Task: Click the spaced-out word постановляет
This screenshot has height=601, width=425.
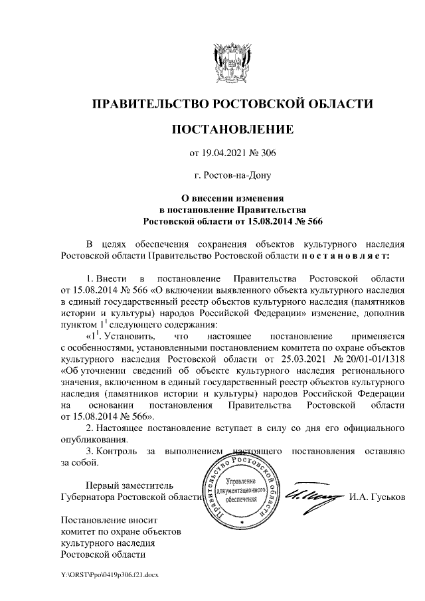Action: point(340,254)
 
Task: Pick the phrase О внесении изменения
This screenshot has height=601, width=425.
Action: point(232,198)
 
